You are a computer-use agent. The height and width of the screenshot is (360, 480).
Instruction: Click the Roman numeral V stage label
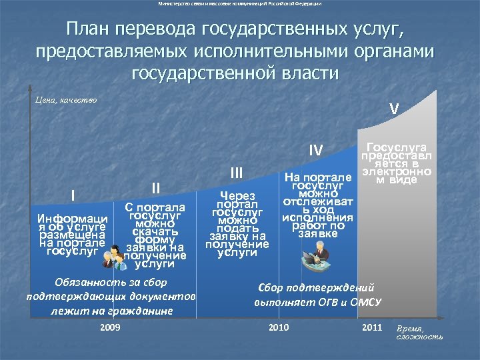pyautogui.click(x=395, y=107)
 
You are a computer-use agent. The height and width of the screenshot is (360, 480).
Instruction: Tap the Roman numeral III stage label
pyautogui.click(x=236, y=173)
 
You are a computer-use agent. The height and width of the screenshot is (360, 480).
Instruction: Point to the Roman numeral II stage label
pyautogui.click(x=155, y=187)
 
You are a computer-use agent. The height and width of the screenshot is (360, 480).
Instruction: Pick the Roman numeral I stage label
pyautogui.click(x=73, y=195)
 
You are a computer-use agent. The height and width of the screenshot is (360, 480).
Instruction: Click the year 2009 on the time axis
pyautogui.click(x=110, y=327)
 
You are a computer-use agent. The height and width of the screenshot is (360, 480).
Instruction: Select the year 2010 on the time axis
pyautogui.click(x=278, y=327)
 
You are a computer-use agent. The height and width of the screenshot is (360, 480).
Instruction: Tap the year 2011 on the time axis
pyautogui.click(x=372, y=327)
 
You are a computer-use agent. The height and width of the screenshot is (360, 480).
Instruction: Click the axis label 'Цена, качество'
pyautogui.click(x=65, y=100)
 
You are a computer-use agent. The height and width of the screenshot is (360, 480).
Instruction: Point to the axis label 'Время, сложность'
pyautogui.click(x=419, y=333)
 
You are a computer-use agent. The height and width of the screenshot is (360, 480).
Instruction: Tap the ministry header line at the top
pyautogui.click(x=240, y=4)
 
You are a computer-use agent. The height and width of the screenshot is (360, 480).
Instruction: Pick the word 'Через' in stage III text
pyautogui.click(x=237, y=195)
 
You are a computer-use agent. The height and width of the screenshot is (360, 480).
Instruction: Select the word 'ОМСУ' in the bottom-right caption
pyautogui.click(x=365, y=302)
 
